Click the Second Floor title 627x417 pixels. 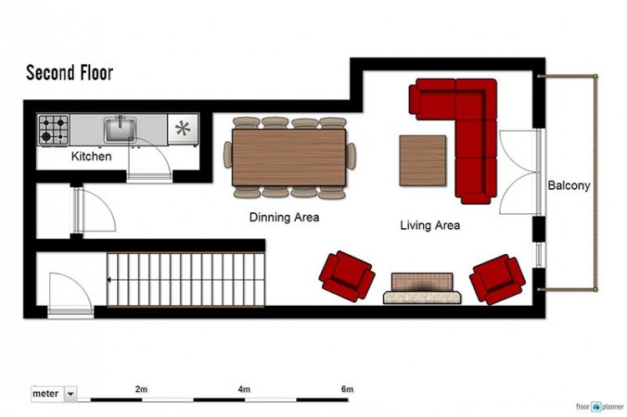[69, 73]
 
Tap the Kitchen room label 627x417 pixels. [91, 156]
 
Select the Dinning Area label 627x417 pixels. [284, 217]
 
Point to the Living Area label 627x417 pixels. [430, 225]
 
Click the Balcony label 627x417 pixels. [568, 186]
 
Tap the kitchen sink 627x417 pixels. [120, 130]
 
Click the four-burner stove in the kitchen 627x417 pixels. [54, 130]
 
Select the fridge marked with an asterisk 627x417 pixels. [183, 129]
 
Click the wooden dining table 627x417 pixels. [288, 157]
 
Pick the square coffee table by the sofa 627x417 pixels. [423, 160]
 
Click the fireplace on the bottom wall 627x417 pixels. [422, 288]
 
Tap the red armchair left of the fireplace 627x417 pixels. [347, 276]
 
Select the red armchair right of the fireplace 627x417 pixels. [497, 279]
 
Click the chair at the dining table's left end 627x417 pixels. [227, 155]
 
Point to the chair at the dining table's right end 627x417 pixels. [350, 156]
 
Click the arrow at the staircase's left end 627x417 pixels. [109, 280]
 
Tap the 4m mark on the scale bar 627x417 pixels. [244, 389]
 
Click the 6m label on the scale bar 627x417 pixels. [347, 389]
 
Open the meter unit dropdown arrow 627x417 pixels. [70, 394]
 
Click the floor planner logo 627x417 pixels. [599, 407]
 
